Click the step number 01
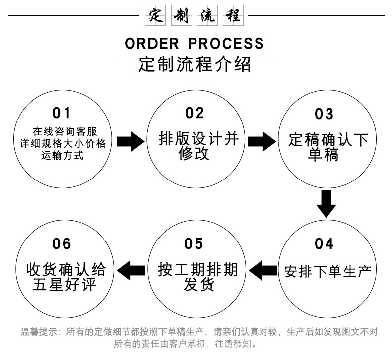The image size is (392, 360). coord(62,113)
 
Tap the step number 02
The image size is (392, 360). coord(195,113)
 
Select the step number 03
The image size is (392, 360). coord(324,114)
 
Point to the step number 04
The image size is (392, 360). coord(324,244)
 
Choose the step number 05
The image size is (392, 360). coord(194,244)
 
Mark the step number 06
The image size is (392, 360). coord(62,244)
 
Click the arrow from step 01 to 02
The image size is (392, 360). coord(131,141)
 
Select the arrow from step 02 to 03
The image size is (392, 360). coord(261,141)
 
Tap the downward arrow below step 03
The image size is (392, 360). coord(326,203)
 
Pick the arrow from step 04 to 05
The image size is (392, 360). coord(262,271)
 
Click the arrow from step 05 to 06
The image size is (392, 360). coord(131,271)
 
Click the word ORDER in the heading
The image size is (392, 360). coord(152,43)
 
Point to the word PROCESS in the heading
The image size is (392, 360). coord(226,43)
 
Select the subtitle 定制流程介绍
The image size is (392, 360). coord(196,65)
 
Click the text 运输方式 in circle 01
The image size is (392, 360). coord(62,156)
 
